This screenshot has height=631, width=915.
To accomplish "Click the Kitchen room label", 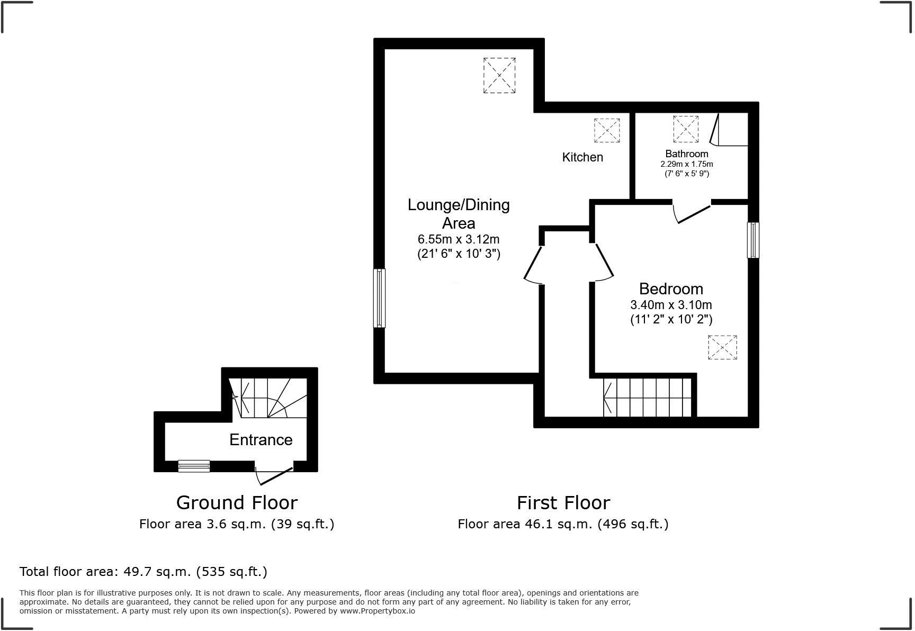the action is (x=582, y=157).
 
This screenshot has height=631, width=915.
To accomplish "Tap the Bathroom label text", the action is (x=687, y=154).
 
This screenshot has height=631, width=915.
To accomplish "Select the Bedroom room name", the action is (x=671, y=289).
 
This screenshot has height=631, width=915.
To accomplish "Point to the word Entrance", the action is (x=261, y=439).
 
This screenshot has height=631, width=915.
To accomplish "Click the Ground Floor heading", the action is (x=237, y=502).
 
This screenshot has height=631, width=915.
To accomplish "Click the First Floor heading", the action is (x=563, y=502).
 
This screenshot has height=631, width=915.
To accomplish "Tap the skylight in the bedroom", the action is (x=723, y=347).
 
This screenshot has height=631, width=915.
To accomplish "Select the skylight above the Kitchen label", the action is (x=607, y=130).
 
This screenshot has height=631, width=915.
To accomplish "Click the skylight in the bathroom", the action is (x=686, y=129).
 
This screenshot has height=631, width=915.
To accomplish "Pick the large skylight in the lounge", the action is (x=499, y=76).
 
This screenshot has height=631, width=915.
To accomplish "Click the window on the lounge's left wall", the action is (x=379, y=298).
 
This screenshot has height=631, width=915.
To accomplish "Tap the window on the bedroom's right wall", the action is (x=753, y=240).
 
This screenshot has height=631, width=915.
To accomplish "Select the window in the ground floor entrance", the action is (x=194, y=466).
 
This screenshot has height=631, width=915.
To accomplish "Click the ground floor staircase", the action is (x=268, y=398).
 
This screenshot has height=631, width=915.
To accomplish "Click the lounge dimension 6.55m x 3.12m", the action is (x=459, y=239).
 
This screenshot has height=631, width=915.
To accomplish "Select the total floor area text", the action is (x=143, y=572).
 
